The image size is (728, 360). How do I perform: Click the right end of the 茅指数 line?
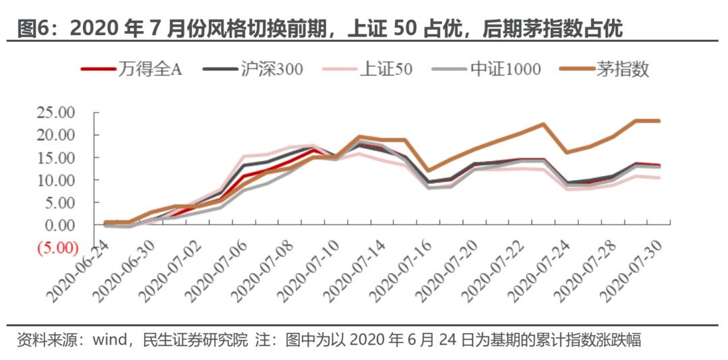(x=659, y=121)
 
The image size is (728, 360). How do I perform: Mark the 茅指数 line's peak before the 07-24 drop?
(x=543, y=124)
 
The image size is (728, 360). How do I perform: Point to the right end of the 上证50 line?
(x=659, y=178)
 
